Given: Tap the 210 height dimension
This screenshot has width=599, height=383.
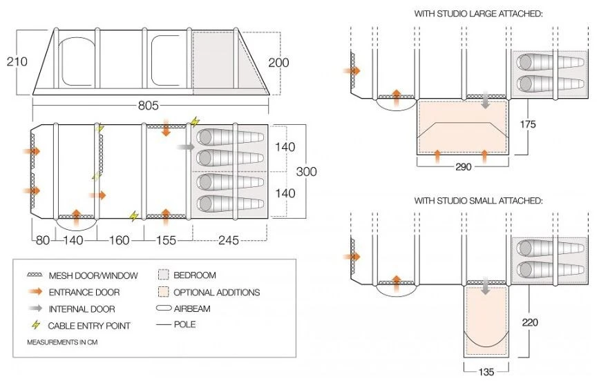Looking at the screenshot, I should point(17,61).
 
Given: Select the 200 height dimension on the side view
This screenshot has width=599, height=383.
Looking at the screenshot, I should point(278,63).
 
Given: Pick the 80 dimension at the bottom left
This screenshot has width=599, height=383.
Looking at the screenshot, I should point(43,241).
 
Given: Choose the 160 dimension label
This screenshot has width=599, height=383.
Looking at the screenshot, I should point(119,241).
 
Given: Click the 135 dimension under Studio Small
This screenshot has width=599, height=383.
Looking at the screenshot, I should point(486,373).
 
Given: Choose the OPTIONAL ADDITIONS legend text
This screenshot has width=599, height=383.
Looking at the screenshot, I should point(218,292).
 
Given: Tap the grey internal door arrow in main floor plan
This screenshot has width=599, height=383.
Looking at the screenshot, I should point(186,147).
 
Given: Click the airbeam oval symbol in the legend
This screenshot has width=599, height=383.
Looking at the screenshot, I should point(164,308).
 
